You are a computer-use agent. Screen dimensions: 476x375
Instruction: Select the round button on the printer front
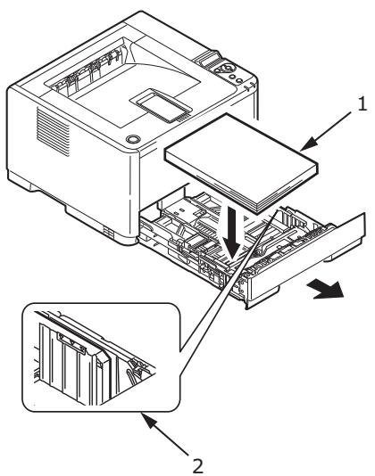(135, 140)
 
